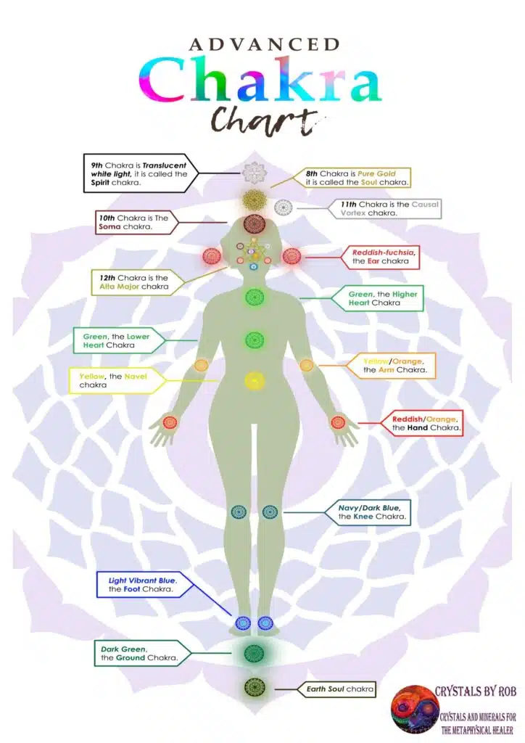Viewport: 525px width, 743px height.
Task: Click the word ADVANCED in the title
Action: pos(262,44)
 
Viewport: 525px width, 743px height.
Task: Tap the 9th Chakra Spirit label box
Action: pos(138,173)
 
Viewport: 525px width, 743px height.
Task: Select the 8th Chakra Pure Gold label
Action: pos(352,178)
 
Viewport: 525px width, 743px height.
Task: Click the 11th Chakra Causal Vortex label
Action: pos(389,209)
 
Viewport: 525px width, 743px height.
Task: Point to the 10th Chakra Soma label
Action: pos(134,221)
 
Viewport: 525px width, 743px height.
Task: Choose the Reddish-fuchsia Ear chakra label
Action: pos(383,256)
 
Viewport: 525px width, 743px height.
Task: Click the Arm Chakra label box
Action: pos(397,365)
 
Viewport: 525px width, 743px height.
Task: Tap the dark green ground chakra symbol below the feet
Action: pos(254,653)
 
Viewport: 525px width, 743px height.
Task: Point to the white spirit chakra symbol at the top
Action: pos(254,173)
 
